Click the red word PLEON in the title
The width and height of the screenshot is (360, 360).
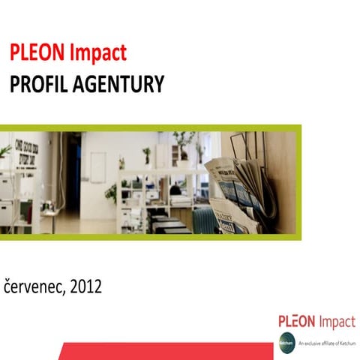(38, 53)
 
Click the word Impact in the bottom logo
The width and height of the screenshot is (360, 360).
(337, 323)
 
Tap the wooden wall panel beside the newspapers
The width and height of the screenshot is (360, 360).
(281, 180)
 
